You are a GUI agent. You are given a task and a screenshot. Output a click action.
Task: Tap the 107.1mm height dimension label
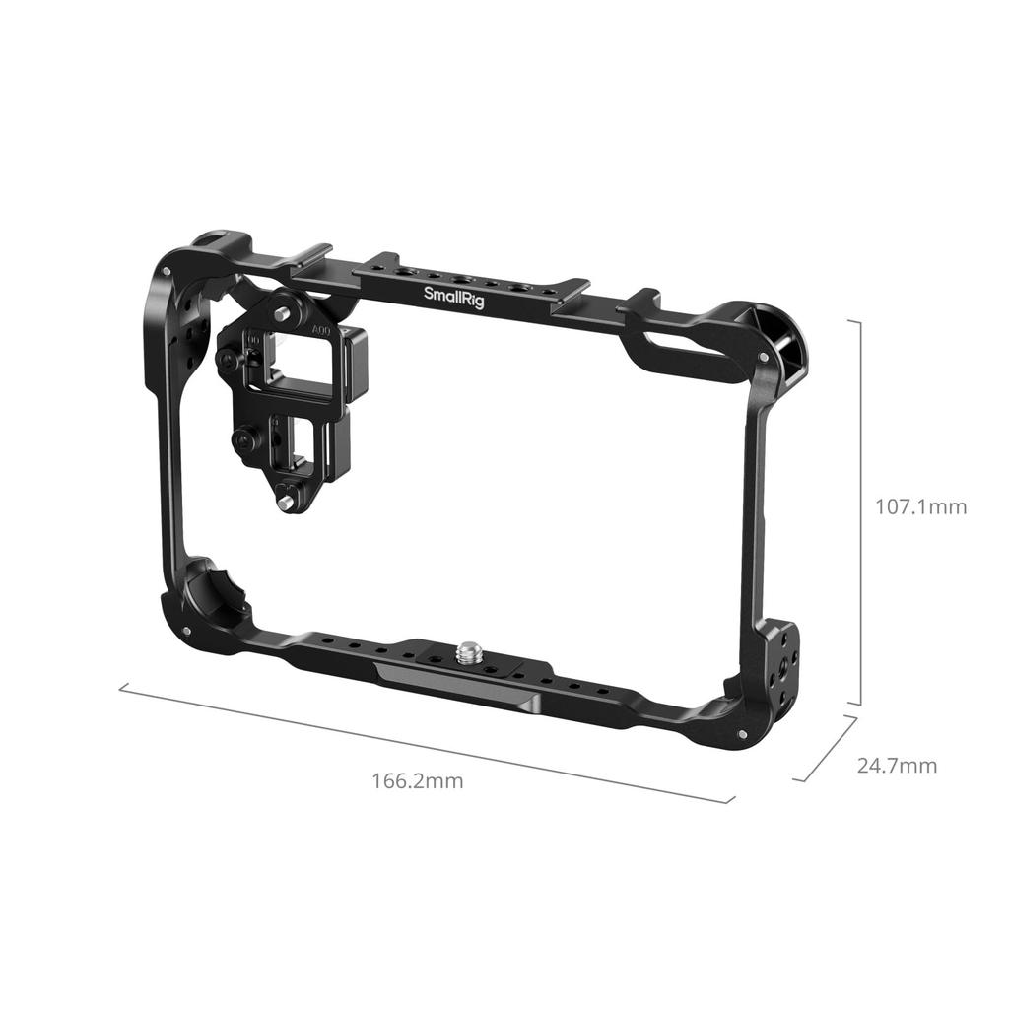click(921, 507)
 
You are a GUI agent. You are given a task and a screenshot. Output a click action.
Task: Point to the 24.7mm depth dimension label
click(897, 766)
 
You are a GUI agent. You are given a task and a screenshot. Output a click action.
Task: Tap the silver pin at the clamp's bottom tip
click(285, 503)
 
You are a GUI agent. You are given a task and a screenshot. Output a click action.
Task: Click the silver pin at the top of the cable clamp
click(284, 313)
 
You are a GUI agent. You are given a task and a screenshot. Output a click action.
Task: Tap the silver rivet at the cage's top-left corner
click(168, 271)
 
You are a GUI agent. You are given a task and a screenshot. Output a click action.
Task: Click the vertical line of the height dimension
click(861, 512)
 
